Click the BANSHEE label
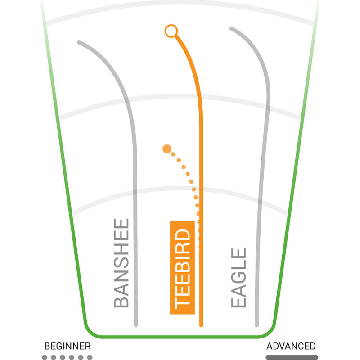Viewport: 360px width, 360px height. (x=121, y=263)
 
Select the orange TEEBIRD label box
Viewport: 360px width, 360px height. (x=182, y=268)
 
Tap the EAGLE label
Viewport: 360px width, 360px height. (x=239, y=278)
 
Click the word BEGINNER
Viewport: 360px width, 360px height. (x=67, y=346)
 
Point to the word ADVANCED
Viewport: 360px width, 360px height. (x=291, y=346)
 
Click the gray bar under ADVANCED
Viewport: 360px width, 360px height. (x=292, y=357)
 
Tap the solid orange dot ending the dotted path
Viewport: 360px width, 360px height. (x=167, y=148)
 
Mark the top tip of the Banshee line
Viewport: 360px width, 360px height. (x=79, y=43)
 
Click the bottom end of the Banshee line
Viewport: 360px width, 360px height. (x=136, y=324)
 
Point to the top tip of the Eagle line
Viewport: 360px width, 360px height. (x=231, y=29)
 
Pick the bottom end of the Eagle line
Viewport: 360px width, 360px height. (x=257, y=324)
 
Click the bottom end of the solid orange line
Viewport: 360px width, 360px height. (x=201, y=324)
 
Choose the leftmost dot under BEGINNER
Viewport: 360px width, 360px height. (x=44, y=357)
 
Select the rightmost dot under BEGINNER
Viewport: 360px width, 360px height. (x=90, y=357)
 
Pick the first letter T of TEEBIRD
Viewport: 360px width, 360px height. (x=182, y=301)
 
